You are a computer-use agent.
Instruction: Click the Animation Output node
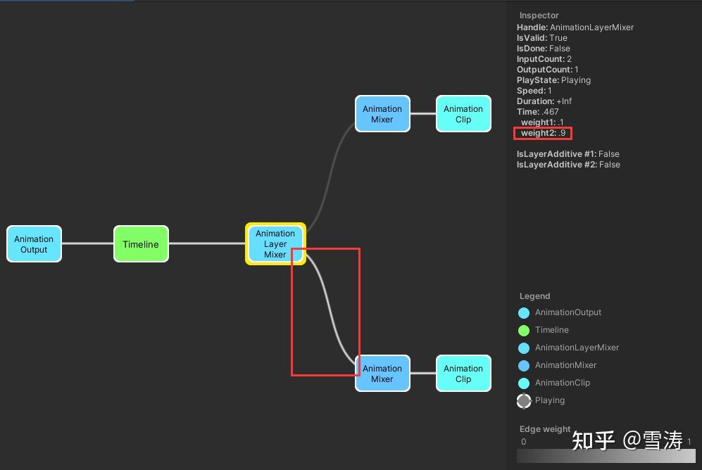[x=34, y=244]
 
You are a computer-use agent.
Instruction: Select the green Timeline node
[x=141, y=244]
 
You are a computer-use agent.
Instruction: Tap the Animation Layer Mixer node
[x=275, y=244]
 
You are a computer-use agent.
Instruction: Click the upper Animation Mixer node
[x=382, y=114]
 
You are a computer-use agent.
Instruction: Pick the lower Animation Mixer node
[x=382, y=374]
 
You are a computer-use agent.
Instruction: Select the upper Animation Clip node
[x=463, y=114]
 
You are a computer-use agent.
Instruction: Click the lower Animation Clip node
[x=463, y=374]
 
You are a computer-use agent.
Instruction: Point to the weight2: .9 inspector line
[x=543, y=133]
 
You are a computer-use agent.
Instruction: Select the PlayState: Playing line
[x=553, y=80]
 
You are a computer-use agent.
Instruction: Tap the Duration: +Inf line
[x=544, y=101]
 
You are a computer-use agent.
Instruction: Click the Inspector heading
[x=539, y=15]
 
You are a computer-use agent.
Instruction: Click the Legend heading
[x=534, y=296]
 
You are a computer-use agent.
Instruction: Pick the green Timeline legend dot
[x=524, y=330]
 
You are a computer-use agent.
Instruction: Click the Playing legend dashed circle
[x=524, y=400]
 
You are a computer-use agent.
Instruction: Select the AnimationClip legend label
[x=563, y=383]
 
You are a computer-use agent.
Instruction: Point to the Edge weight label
[x=545, y=429]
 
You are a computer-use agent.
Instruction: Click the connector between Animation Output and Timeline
[x=87, y=244]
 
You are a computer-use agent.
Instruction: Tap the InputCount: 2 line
[x=544, y=59]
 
